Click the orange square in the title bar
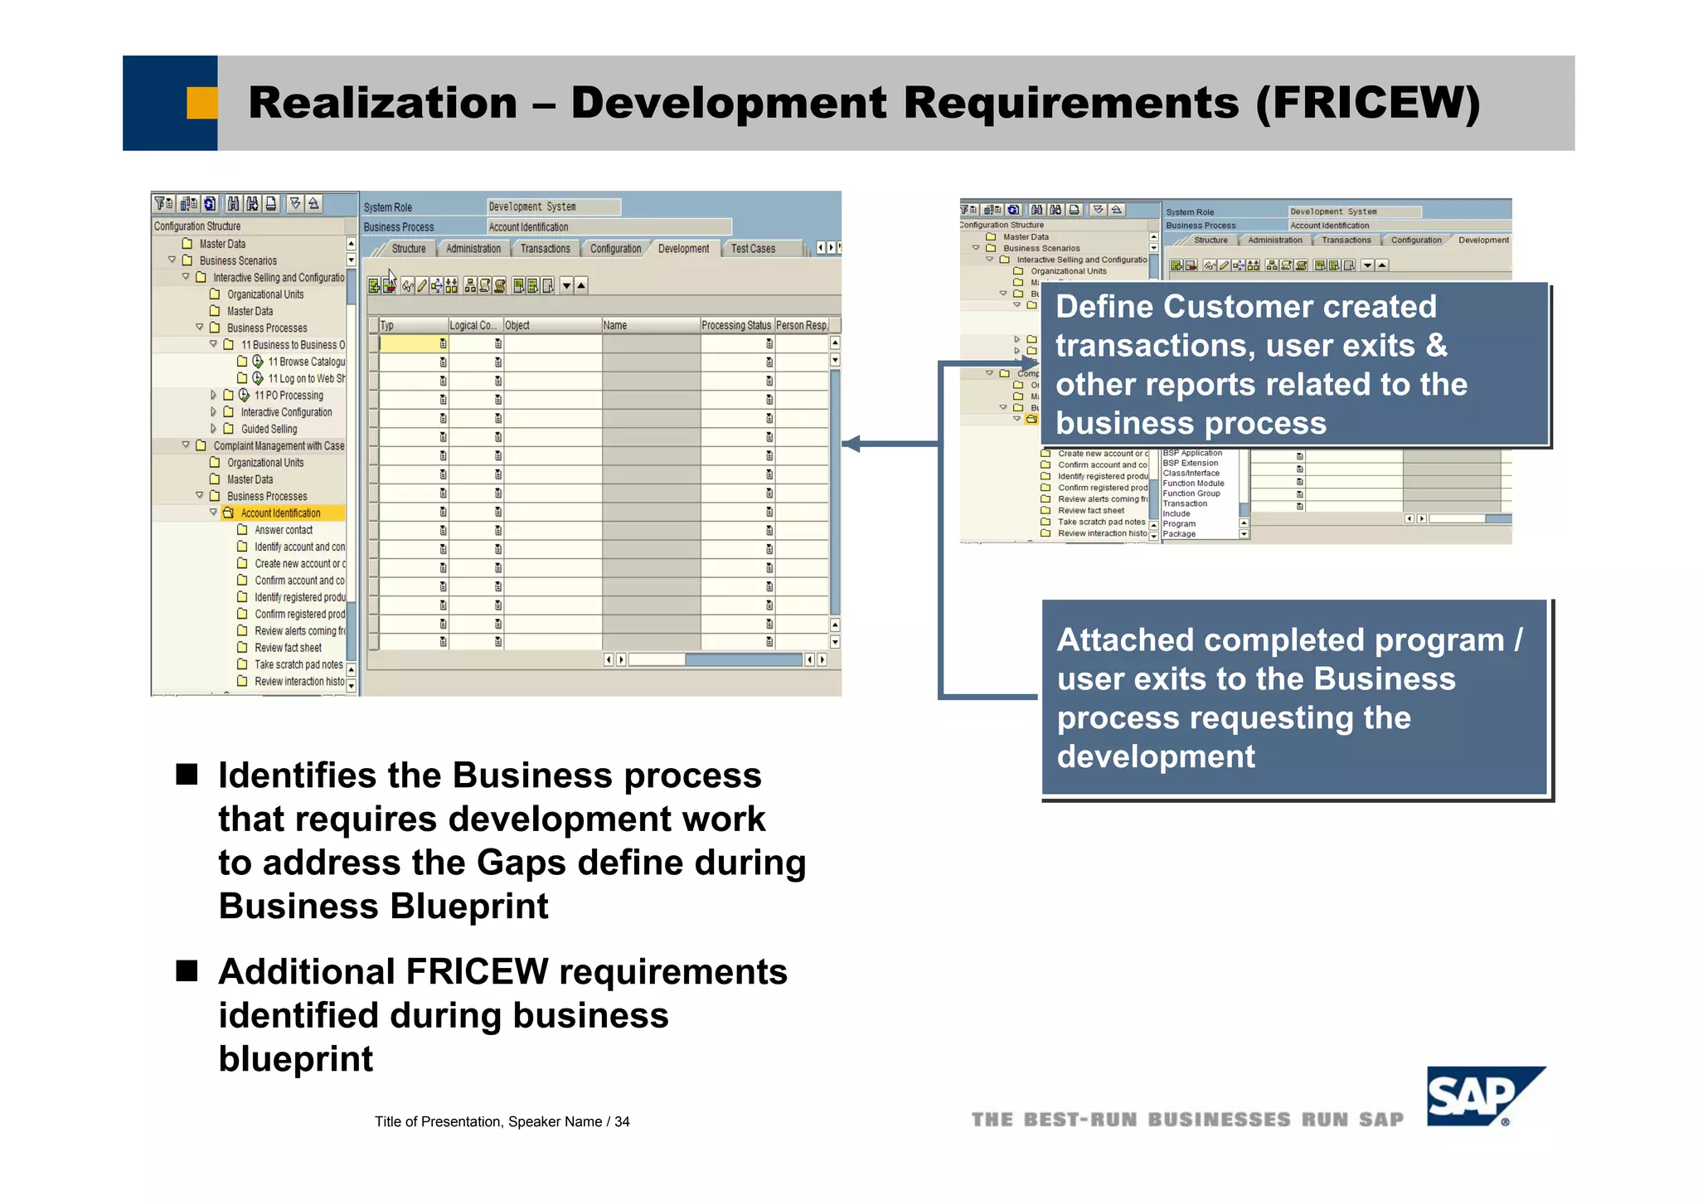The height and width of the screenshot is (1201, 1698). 201,103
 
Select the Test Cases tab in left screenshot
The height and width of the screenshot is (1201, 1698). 753,249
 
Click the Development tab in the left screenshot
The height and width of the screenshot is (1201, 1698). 683,249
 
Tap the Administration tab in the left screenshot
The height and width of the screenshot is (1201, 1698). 473,249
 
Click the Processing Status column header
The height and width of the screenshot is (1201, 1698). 735,325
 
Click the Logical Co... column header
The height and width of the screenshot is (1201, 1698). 473,325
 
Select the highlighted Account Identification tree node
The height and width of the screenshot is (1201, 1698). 280,513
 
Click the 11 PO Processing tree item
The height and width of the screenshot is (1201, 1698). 289,396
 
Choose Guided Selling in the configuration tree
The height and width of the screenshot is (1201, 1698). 269,429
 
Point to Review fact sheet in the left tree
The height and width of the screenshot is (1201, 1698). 288,648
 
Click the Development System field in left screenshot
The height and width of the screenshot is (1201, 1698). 552,207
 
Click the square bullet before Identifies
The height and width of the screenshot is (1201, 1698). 187,775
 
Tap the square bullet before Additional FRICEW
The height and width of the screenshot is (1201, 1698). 187,971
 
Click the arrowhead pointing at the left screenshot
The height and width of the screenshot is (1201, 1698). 851,444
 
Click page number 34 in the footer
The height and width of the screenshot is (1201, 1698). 622,1121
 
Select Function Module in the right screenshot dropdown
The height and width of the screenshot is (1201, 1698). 1193,484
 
